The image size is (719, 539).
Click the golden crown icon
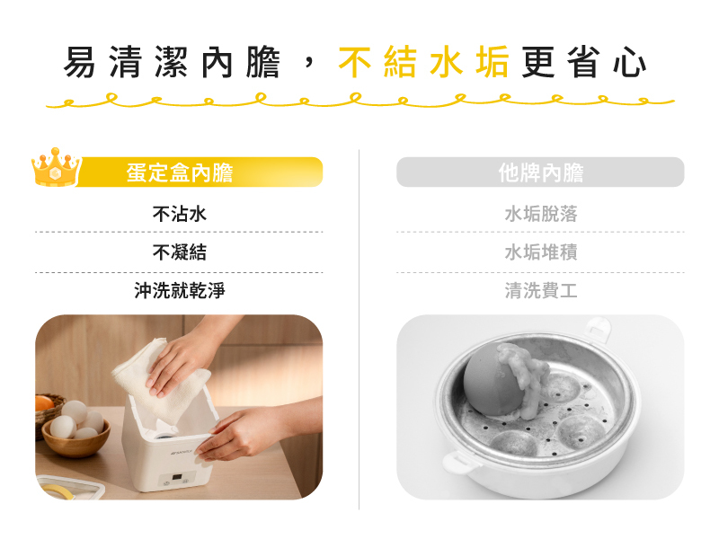[x=56, y=167]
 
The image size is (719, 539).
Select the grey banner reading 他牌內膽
[x=540, y=172]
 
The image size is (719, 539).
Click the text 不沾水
[x=179, y=214]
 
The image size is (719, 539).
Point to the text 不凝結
[x=179, y=252]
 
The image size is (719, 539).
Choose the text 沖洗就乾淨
[x=179, y=290]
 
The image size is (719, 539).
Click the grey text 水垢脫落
[x=541, y=214]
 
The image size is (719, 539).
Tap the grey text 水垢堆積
[x=541, y=252]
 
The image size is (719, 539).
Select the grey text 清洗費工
[x=541, y=290]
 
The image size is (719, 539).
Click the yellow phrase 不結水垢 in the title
[x=423, y=62]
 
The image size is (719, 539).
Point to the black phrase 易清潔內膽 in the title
[x=172, y=62]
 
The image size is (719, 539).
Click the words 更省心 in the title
[x=583, y=62]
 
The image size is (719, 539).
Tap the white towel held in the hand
[x=161, y=380]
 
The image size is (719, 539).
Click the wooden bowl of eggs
[x=75, y=437]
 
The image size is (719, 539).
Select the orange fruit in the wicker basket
[x=43, y=403]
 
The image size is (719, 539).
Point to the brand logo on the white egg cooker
[x=182, y=453]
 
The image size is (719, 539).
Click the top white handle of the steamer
[x=597, y=329]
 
